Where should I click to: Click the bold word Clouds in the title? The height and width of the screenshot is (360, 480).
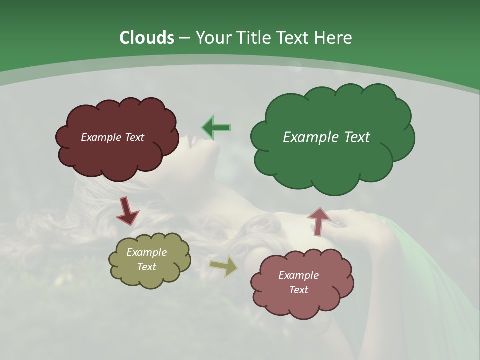pyautogui.click(x=146, y=38)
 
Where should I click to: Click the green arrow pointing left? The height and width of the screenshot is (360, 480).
pyautogui.click(x=216, y=128)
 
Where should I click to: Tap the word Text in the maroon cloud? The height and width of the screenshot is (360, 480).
pyautogui.click(x=134, y=137)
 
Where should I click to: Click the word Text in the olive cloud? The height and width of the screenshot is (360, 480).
pyautogui.click(x=147, y=267)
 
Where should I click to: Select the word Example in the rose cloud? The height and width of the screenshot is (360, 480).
pyautogui.click(x=298, y=275)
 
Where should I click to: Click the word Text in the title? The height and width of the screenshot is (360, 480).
pyautogui.click(x=293, y=38)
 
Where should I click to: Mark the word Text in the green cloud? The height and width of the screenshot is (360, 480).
pyautogui.click(x=357, y=137)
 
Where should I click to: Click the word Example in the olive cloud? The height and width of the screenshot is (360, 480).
pyautogui.click(x=147, y=252)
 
